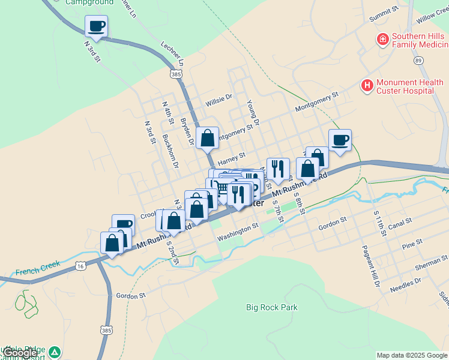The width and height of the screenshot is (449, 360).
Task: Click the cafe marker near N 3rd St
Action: pos(97,26)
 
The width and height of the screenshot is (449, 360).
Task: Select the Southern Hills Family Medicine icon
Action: pos(382,40)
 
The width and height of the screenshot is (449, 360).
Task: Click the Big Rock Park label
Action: pos(272,307)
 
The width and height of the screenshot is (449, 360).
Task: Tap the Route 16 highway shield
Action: pos(80,265)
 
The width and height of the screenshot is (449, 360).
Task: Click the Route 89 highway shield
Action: pos(418,60)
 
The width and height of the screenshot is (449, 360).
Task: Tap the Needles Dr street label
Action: pos(405,284)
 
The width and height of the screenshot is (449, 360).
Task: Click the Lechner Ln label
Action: pos(172,54)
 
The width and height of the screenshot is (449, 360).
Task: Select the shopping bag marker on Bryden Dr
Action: pos(207,138)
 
